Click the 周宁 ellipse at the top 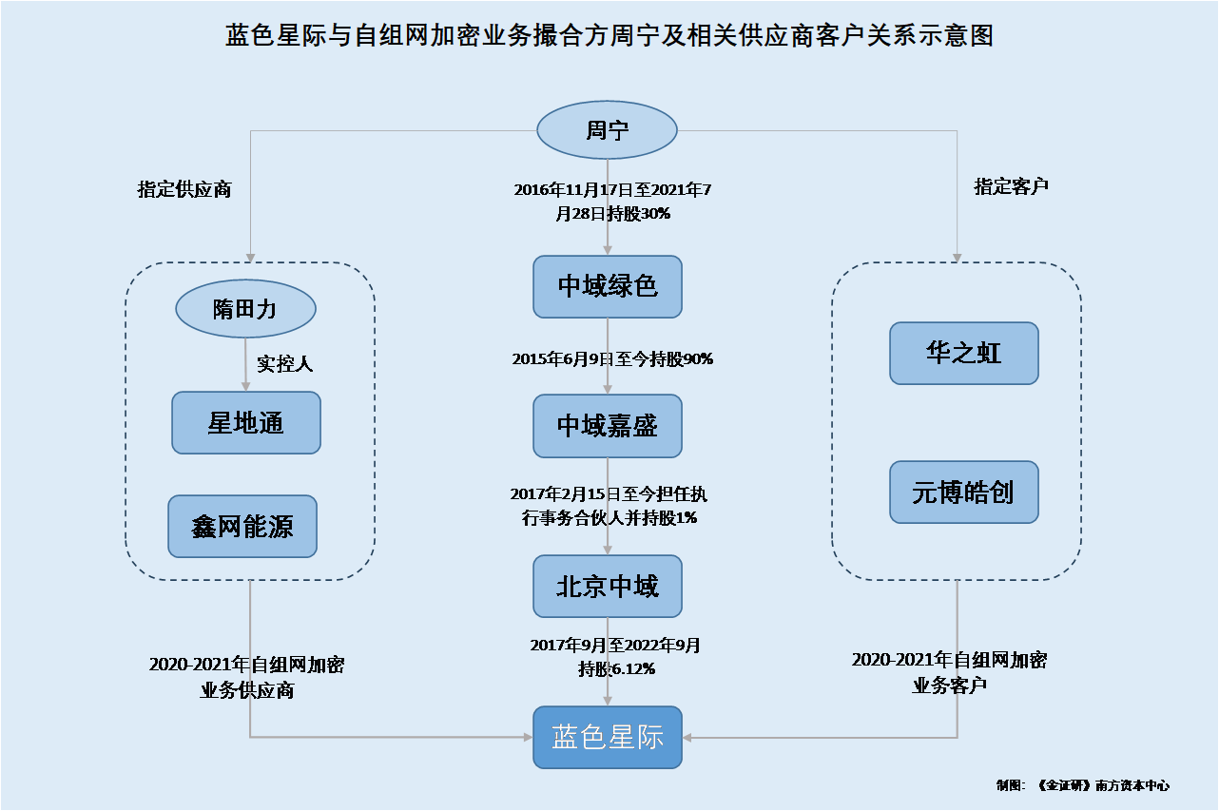click(607, 130)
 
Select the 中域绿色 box click(608, 287)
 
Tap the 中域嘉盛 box click(608, 426)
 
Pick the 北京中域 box click(608, 587)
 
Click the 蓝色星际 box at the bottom click(608, 738)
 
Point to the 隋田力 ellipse click(245, 309)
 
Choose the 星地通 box click(246, 423)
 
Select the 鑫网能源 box click(242, 527)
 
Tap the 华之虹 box click(964, 354)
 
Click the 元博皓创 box click(964, 492)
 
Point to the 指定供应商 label click(184, 189)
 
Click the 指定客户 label click(1011, 186)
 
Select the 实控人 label click(284, 363)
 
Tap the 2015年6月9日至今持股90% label click(612, 358)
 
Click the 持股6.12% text click(616, 668)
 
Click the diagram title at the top click(609, 35)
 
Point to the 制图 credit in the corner click(1082, 785)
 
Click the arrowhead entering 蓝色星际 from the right click(687, 738)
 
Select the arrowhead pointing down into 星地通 click(245, 386)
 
